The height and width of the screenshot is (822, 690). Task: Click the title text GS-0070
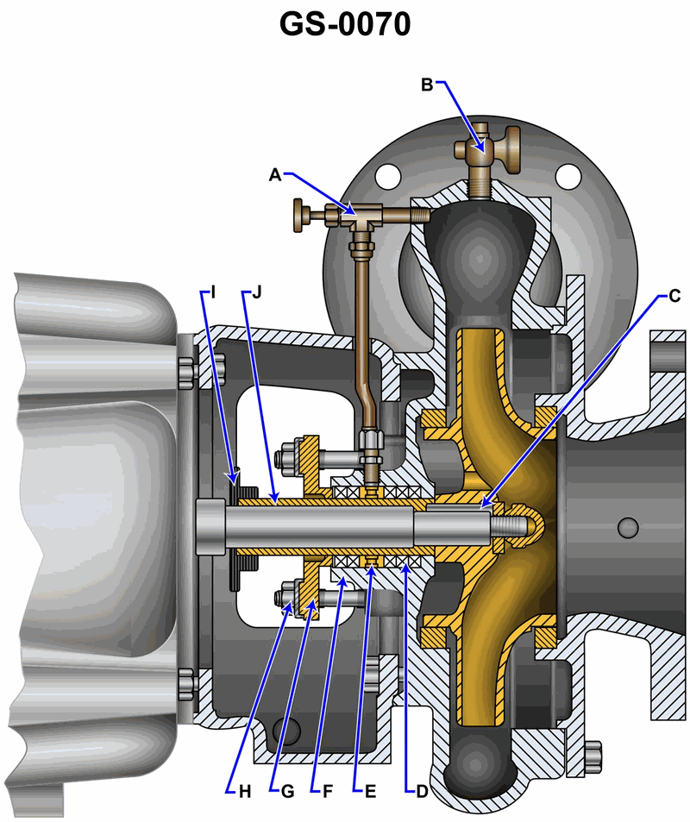[x=344, y=25]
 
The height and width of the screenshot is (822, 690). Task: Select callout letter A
[x=275, y=175]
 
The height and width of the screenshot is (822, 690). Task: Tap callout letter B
[x=427, y=85]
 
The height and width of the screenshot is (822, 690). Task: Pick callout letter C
[x=674, y=296]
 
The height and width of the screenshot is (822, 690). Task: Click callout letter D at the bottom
[x=422, y=792]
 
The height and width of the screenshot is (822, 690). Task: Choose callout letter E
[x=370, y=792]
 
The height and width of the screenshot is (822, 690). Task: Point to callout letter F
[x=328, y=792]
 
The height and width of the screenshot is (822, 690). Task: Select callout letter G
[x=287, y=792]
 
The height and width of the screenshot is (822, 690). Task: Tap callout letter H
[x=245, y=792]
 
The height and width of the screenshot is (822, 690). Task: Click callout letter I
[x=213, y=292]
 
